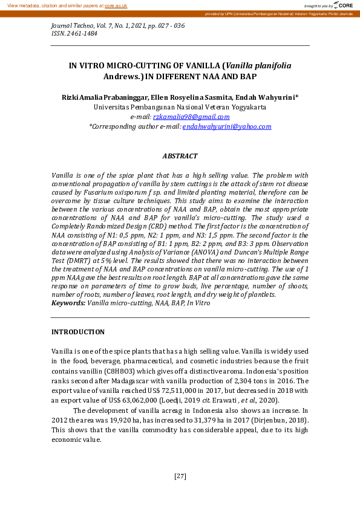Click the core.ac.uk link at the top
115,5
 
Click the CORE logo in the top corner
341,5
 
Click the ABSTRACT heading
180,156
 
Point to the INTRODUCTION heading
77,332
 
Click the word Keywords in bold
68,302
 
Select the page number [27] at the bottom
180,476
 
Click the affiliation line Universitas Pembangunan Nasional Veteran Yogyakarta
180,107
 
